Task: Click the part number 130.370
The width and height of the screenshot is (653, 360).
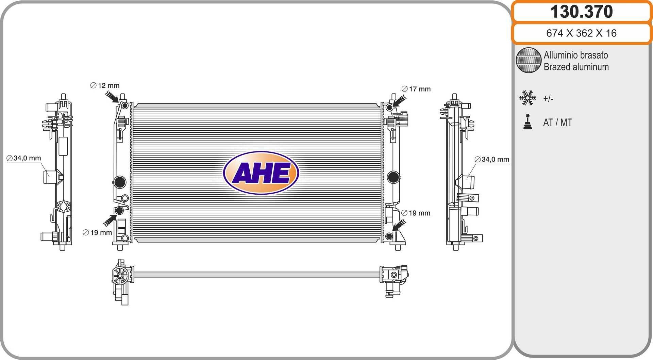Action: click(x=581, y=12)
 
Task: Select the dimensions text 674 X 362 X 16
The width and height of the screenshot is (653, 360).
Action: click(x=581, y=33)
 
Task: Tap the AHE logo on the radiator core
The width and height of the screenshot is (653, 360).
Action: click(x=261, y=173)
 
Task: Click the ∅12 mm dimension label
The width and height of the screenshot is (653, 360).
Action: click(x=105, y=85)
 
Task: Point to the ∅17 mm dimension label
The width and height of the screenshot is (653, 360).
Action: click(x=416, y=89)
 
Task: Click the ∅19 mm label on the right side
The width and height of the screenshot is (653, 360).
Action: click(x=416, y=213)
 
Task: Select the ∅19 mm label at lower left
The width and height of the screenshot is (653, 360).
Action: click(x=97, y=232)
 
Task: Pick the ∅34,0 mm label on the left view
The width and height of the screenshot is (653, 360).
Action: click(x=24, y=158)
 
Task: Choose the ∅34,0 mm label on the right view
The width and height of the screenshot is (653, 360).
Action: click(x=492, y=159)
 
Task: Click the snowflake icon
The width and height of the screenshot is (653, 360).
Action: click(x=528, y=98)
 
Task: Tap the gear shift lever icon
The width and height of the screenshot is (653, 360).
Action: click(x=528, y=122)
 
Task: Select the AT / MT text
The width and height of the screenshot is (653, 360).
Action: click(x=557, y=122)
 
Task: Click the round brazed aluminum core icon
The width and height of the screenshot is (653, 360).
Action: click(x=528, y=60)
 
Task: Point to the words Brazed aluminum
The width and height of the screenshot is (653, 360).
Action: click(x=576, y=67)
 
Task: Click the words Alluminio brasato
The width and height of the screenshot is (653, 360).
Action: click(x=575, y=55)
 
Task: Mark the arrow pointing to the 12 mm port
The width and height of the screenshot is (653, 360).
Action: click(x=112, y=97)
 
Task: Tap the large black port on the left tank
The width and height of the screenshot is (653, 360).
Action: click(x=120, y=182)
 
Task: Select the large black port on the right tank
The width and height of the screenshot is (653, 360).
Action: click(x=393, y=177)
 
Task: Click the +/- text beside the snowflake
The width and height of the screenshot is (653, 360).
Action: click(x=548, y=99)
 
